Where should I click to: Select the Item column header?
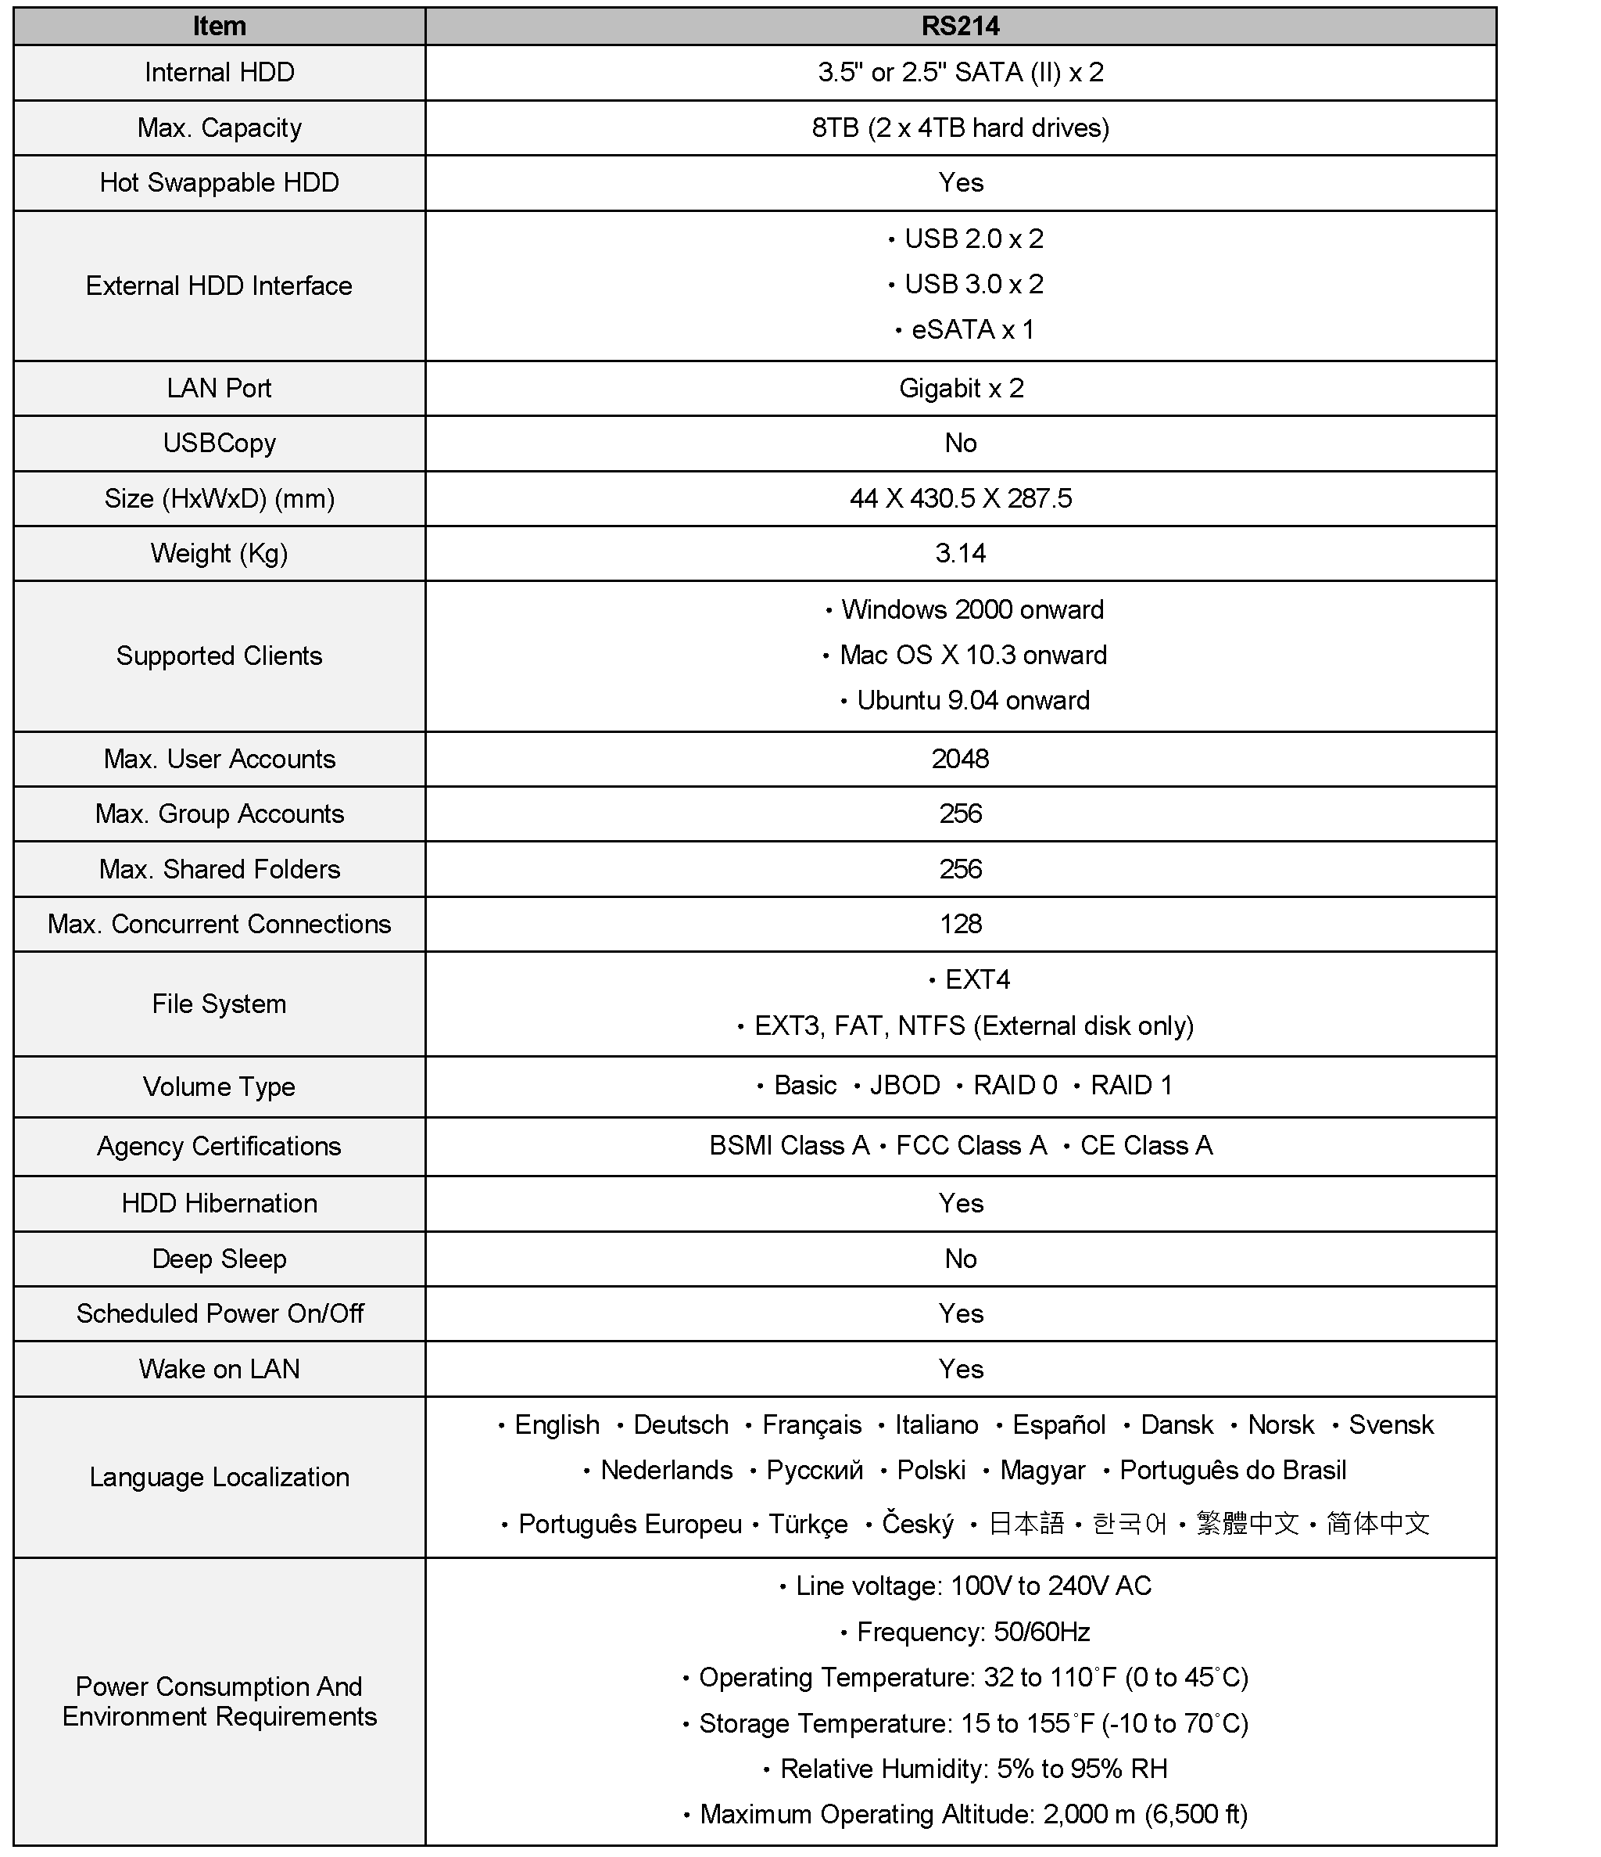coord(219,26)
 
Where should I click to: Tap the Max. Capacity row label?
coord(219,128)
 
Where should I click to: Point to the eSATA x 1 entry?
coord(972,330)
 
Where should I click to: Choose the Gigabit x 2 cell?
coord(961,388)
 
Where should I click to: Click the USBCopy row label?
coord(219,443)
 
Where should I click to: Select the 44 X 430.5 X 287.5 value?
coord(961,498)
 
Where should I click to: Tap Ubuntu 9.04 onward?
coord(972,700)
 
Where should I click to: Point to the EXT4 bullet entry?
coord(976,979)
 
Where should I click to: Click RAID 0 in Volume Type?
coord(1014,1086)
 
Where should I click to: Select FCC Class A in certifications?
coord(970,1145)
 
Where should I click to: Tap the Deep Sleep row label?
coord(219,1259)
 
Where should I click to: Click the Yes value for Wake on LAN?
coord(961,1369)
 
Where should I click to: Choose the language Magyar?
coord(1041,1470)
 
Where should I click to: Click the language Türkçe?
coord(808,1524)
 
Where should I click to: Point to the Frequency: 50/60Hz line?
coord(972,1631)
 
